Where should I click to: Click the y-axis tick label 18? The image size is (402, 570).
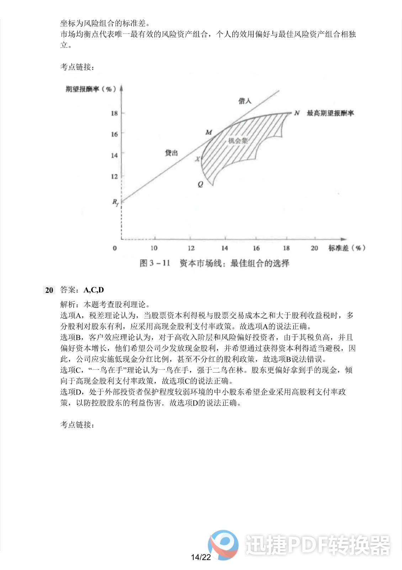tap(114, 113)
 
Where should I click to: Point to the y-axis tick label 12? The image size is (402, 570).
tap(114, 176)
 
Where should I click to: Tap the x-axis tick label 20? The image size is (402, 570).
tap(314, 248)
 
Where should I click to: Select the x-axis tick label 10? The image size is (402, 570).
tap(154, 248)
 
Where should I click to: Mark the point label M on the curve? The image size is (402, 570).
tap(208, 132)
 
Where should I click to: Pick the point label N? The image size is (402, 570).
tap(297, 113)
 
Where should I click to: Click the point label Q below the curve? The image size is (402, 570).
tap(200, 184)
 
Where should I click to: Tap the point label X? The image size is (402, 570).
tap(197, 159)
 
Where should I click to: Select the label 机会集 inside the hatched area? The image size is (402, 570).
tap(238, 141)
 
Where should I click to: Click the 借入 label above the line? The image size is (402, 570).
tap(245, 101)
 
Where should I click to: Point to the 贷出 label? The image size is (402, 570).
tap(171, 153)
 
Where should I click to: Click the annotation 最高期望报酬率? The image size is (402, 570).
tap(330, 113)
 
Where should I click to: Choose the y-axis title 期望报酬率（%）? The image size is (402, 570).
tap(91, 89)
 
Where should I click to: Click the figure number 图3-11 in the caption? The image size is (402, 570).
tap(155, 263)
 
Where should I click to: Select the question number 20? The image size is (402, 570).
tap(49, 290)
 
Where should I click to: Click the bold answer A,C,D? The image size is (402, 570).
tap(94, 290)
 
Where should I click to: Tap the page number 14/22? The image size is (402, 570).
tap(201, 557)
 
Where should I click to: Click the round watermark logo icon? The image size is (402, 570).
tap(223, 545)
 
